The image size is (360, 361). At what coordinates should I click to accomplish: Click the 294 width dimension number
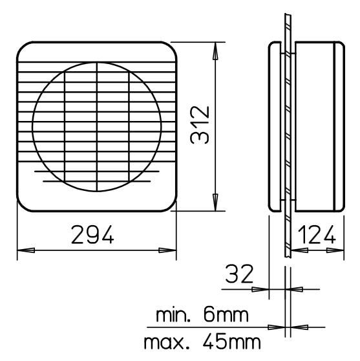pyautogui.click(x=92, y=235)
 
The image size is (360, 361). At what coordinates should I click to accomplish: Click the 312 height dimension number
pyautogui.click(x=200, y=125)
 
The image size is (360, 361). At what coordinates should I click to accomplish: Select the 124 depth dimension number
pyautogui.click(x=317, y=235)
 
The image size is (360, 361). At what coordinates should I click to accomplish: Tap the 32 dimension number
pyautogui.click(x=239, y=274)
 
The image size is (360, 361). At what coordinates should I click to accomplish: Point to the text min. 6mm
pyautogui.click(x=202, y=315)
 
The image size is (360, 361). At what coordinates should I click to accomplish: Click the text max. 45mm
pyautogui.click(x=202, y=342)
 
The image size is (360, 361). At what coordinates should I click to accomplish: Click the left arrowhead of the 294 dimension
pyautogui.click(x=26, y=250)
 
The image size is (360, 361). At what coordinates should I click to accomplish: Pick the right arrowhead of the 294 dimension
pyautogui.click(x=167, y=250)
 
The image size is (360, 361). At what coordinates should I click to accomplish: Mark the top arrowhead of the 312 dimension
pyautogui.click(x=215, y=51)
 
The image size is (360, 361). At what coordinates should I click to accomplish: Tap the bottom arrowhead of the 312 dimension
pyautogui.click(x=215, y=202)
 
